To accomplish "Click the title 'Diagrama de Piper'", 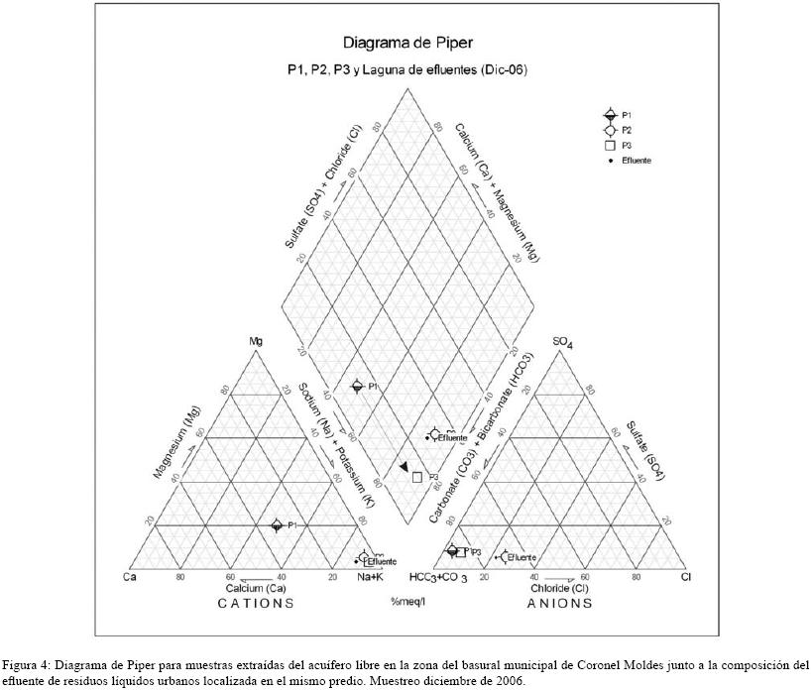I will pyautogui.click(x=407, y=43).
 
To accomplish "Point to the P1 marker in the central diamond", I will pyautogui.click(x=357, y=386).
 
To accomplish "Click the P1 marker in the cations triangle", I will pyautogui.click(x=277, y=525).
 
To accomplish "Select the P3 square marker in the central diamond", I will pyautogui.click(x=417, y=477).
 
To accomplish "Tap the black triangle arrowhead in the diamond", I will pyautogui.click(x=404, y=467).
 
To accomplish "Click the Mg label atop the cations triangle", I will pyautogui.click(x=256, y=342).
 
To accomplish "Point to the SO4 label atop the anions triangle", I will pyautogui.click(x=563, y=343).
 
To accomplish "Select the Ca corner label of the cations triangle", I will pyautogui.click(x=129, y=577).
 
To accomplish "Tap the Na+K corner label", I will pyautogui.click(x=371, y=577).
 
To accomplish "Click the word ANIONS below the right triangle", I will pyautogui.click(x=560, y=603).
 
